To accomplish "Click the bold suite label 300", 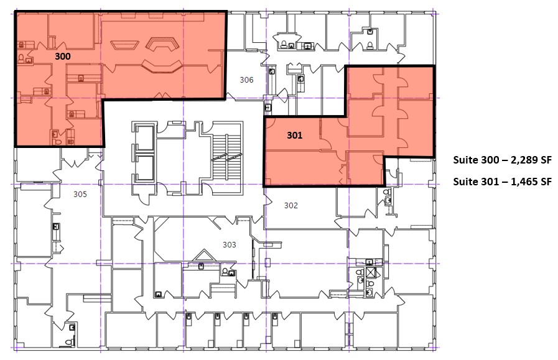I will (62, 56).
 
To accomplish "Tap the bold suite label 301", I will (295, 134).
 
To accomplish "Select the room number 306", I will (247, 80).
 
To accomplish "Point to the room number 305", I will (80, 194).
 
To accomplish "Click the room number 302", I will (291, 205).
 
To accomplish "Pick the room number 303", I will (230, 245).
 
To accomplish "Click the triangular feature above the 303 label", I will (202, 256).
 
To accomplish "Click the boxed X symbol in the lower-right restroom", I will (371, 272).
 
